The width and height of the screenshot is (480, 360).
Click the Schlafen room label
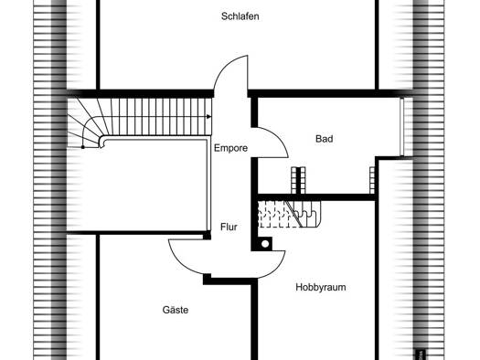click(240, 16)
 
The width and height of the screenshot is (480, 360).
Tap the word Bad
click(325, 139)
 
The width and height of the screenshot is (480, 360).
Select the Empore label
click(230, 148)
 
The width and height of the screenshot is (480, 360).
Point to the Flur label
click(229, 227)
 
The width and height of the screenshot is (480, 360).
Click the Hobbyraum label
click(321, 287)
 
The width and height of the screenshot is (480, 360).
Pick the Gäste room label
click(176, 310)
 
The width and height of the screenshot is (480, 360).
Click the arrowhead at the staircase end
click(208, 117)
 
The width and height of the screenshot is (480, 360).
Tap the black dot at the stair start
click(82, 147)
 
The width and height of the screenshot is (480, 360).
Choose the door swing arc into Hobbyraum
click(277, 270)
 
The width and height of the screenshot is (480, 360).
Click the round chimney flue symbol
click(265, 244)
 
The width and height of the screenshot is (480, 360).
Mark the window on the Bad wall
click(402, 127)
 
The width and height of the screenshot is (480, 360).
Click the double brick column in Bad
click(298, 181)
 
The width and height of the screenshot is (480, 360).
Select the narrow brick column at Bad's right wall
click(372, 181)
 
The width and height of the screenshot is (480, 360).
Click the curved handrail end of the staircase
click(101, 142)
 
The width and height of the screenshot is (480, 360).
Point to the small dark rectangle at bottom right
click(420, 355)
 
